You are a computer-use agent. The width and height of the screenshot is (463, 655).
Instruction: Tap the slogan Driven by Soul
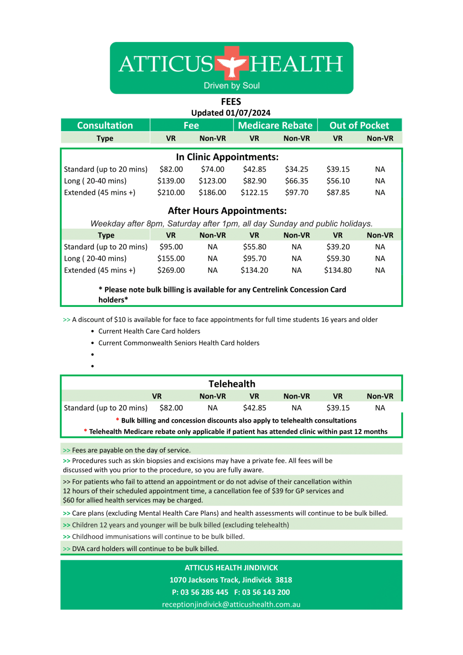(x=231, y=86)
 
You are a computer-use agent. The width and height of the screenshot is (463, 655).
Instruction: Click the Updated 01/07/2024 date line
(x=231, y=113)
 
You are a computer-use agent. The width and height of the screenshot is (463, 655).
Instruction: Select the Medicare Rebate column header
(x=275, y=125)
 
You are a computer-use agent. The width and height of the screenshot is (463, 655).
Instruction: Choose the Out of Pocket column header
(x=359, y=125)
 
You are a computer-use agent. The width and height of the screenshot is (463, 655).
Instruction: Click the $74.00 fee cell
(x=213, y=169)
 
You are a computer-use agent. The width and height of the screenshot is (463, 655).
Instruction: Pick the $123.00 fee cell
(x=212, y=181)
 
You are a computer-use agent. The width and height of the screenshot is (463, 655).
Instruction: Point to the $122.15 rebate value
(x=254, y=193)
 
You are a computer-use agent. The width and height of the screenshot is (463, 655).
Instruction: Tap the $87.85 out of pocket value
(x=338, y=193)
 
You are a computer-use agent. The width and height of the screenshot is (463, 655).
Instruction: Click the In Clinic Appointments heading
(x=227, y=157)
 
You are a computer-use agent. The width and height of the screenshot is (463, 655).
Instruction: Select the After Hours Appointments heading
(x=227, y=210)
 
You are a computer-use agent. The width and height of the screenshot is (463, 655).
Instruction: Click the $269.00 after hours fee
(x=171, y=270)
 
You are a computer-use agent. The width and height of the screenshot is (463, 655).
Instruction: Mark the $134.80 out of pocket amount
(x=338, y=270)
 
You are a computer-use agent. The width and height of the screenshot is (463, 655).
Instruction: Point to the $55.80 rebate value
(x=255, y=247)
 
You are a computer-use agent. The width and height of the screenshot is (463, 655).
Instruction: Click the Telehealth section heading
(x=231, y=384)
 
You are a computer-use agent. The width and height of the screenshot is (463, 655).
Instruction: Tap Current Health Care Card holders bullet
(x=149, y=331)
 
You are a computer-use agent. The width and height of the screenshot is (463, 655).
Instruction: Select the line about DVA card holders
(x=145, y=548)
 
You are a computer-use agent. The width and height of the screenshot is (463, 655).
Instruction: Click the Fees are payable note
(x=131, y=450)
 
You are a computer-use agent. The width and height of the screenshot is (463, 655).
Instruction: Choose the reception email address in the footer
(x=231, y=604)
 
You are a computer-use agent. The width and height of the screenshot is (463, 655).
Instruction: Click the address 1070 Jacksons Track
(x=231, y=580)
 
